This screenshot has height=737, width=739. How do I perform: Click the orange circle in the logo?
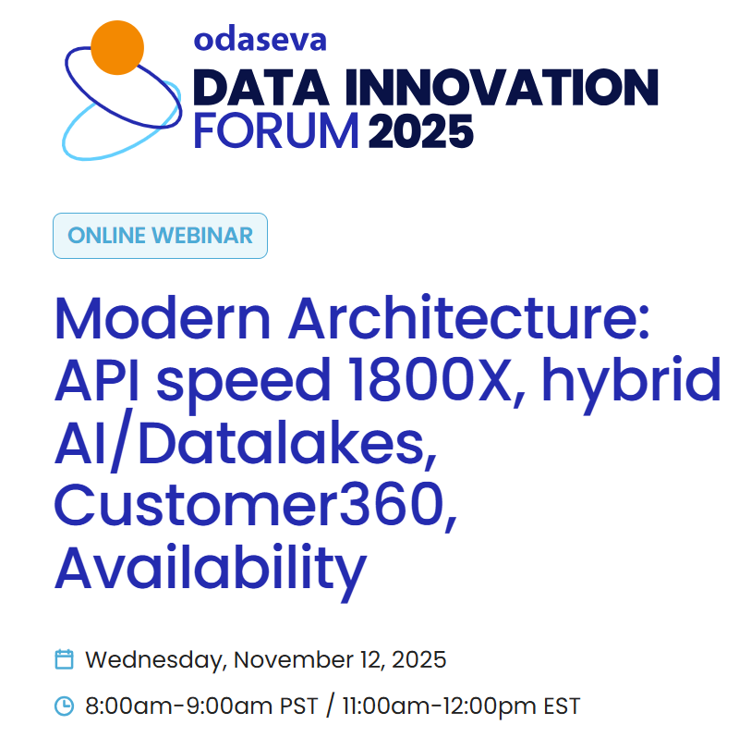pos(117,47)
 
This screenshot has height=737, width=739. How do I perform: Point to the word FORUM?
pos(275,131)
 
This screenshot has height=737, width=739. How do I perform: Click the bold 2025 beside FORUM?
pos(421,131)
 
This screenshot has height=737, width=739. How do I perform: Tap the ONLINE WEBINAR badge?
pos(160,235)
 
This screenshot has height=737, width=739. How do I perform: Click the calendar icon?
pos(64,660)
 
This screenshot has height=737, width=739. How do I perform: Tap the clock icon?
pos(64,706)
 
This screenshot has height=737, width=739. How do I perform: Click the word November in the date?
pos(292,660)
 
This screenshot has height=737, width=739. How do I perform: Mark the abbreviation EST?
pos(562,706)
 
